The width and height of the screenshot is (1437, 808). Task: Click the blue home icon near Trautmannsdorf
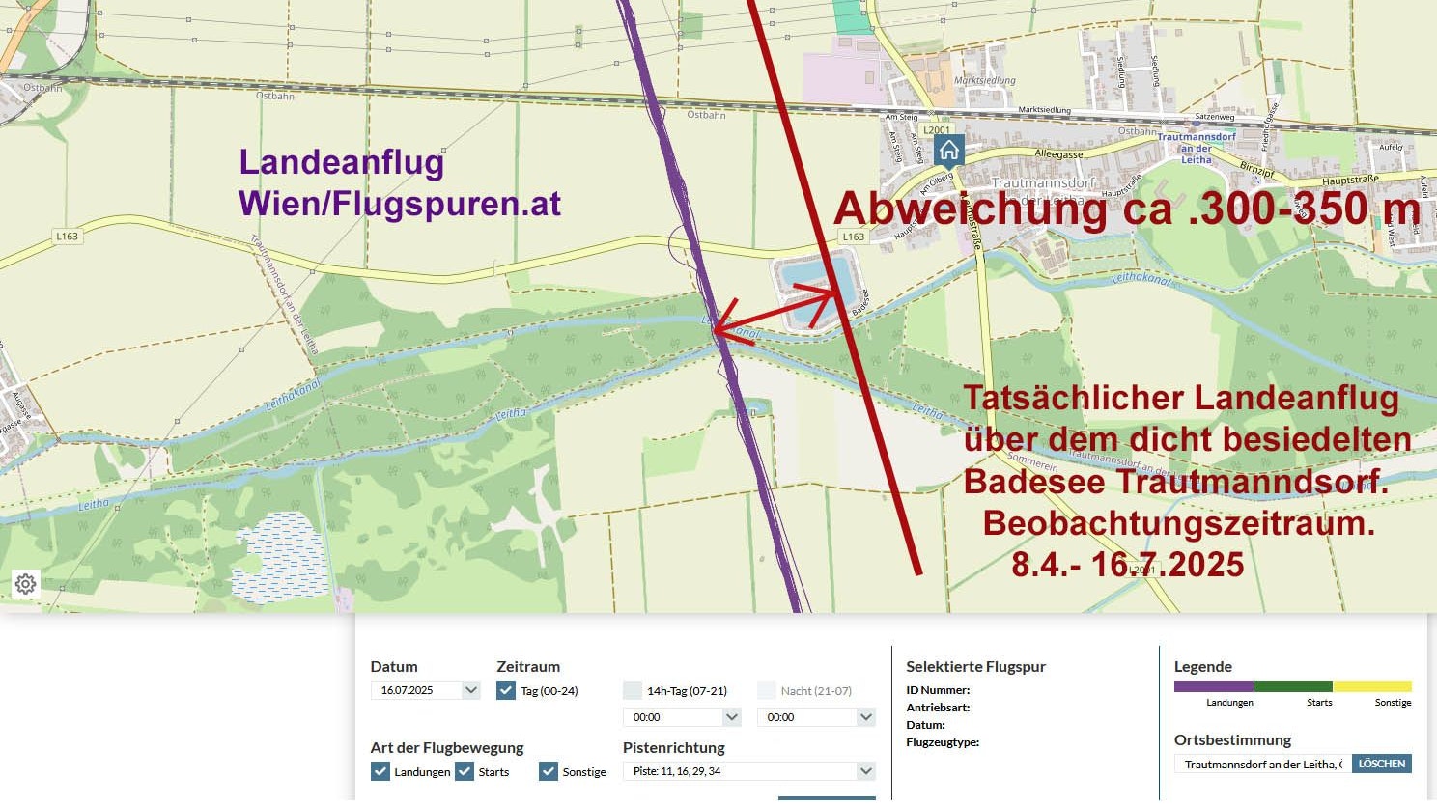tap(948, 151)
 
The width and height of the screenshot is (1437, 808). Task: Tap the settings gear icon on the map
tap(26, 584)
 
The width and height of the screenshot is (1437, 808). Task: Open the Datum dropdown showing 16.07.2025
tap(425, 690)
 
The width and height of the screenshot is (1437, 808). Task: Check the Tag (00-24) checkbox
tap(506, 690)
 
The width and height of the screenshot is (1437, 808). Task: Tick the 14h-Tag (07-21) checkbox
tap(633, 690)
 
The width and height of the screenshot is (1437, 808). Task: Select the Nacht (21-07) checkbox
tap(767, 690)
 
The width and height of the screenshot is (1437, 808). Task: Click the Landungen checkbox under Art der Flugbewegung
tap(380, 771)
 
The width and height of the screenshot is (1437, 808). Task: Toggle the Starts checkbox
tap(465, 771)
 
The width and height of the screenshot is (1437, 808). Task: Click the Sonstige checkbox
tap(549, 771)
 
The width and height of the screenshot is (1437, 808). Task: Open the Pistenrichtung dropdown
tap(749, 771)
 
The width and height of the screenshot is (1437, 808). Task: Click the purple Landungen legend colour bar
tap(1213, 686)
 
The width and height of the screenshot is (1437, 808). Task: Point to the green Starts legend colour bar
tap(1292, 686)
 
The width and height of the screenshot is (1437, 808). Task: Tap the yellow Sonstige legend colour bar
tap(1371, 686)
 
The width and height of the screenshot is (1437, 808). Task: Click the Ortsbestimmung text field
tap(1262, 764)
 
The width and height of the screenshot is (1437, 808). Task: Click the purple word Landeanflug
tap(341, 162)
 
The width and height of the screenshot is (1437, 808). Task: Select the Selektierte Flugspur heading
tap(975, 666)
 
